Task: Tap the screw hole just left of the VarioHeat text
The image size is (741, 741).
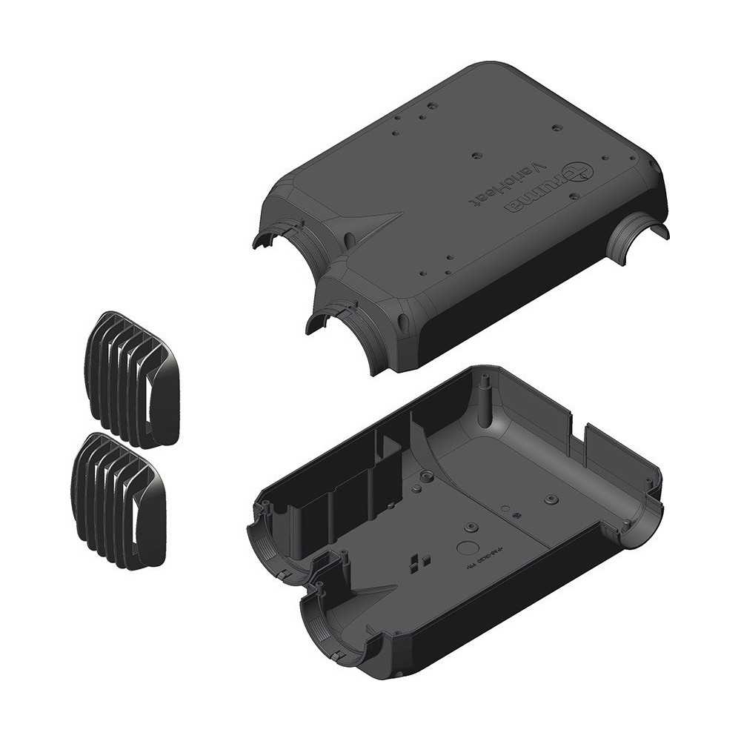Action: (x=475, y=157)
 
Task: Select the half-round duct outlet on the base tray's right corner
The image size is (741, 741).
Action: (x=637, y=519)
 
